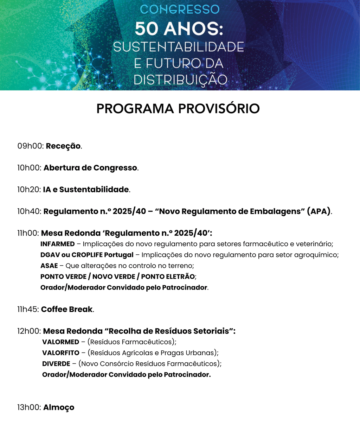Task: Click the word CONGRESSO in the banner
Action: tap(180, 9)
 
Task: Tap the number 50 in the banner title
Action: tap(146, 29)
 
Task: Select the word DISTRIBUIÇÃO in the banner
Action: tap(180, 80)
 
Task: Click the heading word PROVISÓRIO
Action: tap(219, 109)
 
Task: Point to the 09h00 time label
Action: tap(30, 146)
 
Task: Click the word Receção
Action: tap(63, 146)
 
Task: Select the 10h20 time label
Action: tap(29, 190)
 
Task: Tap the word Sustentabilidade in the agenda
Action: tap(94, 190)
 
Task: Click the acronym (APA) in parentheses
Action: tap(319, 211)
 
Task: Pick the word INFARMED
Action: tap(58, 244)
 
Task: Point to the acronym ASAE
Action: tap(49, 266)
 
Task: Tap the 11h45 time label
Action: tap(28, 310)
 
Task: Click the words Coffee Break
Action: tap(67, 310)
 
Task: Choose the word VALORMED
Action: tap(60, 342)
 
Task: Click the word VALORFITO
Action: tap(61, 353)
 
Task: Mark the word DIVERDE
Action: tap(56, 364)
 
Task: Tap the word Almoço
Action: tap(59, 407)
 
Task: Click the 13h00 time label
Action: tap(29, 407)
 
